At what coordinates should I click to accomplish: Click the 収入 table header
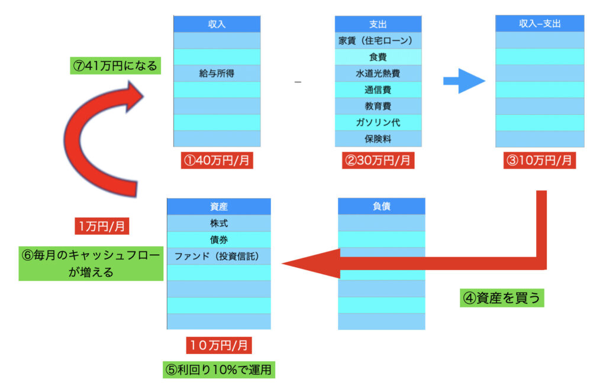(x=217, y=24)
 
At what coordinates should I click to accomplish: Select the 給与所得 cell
(x=217, y=73)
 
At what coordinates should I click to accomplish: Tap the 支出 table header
(x=378, y=24)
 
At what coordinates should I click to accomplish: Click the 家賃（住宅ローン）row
(x=378, y=41)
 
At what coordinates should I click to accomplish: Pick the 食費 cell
(x=378, y=57)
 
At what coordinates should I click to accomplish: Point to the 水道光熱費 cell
(x=378, y=73)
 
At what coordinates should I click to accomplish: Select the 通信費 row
(x=378, y=90)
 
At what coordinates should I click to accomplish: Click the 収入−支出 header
(x=539, y=24)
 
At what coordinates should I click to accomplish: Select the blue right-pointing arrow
(x=464, y=82)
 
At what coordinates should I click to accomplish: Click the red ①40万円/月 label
(x=217, y=160)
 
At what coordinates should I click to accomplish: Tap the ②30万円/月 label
(x=378, y=160)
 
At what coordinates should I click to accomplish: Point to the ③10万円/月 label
(x=539, y=160)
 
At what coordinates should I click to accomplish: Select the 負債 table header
(x=382, y=206)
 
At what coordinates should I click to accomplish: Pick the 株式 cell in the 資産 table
(x=218, y=223)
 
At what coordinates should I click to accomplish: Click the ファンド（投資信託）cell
(x=218, y=256)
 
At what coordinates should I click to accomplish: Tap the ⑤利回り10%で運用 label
(x=219, y=370)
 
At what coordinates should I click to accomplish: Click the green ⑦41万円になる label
(x=114, y=66)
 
